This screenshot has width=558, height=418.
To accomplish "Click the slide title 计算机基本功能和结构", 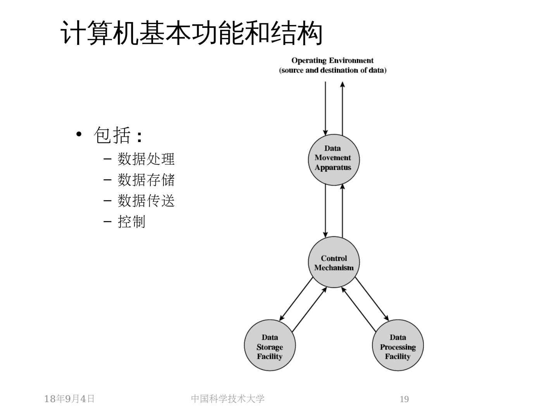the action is pyautogui.click(x=192, y=33).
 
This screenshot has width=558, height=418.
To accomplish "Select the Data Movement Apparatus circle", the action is pyautogui.click(x=334, y=158).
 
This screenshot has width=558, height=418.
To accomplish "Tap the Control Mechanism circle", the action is pyautogui.click(x=334, y=263).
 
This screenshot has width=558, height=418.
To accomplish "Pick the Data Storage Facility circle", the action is pyautogui.click(x=270, y=346).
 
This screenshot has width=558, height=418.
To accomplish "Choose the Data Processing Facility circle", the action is pyautogui.click(x=398, y=346).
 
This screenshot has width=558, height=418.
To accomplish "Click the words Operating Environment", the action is pyautogui.click(x=332, y=60).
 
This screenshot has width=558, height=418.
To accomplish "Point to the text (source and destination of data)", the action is pyautogui.click(x=332, y=70).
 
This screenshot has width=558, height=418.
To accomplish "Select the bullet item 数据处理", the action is pyautogui.click(x=146, y=159).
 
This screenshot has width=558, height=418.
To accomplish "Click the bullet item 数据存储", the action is pyautogui.click(x=146, y=180).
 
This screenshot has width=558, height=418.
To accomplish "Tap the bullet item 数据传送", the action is pyautogui.click(x=146, y=201).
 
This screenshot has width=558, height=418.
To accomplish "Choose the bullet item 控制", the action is pyautogui.click(x=131, y=222).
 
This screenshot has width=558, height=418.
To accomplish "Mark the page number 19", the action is pyautogui.click(x=404, y=399).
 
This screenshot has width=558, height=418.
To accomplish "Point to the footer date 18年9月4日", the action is pyautogui.click(x=69, y=399).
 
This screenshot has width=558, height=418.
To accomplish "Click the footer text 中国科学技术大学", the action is pyautogui.click(x=228, y=399).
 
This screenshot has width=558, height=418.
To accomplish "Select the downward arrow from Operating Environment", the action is pyautogui.click(x=325, y=108).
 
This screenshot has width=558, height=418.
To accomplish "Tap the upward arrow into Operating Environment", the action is pyautogui.click(x=343, y=108).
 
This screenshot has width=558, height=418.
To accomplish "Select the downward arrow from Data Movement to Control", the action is pyautogui.click(x=325, y=211).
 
